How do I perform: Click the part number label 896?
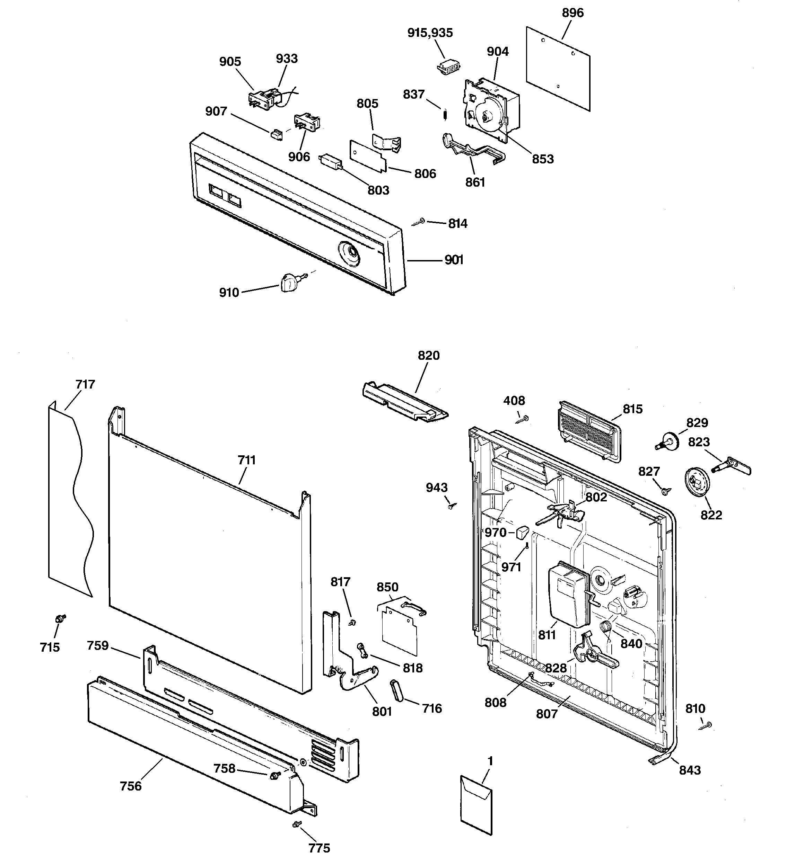coord(573,13)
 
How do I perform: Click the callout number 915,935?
coord(430,33)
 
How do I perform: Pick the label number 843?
coord(690,770)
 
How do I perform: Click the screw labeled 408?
coord(524,418)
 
